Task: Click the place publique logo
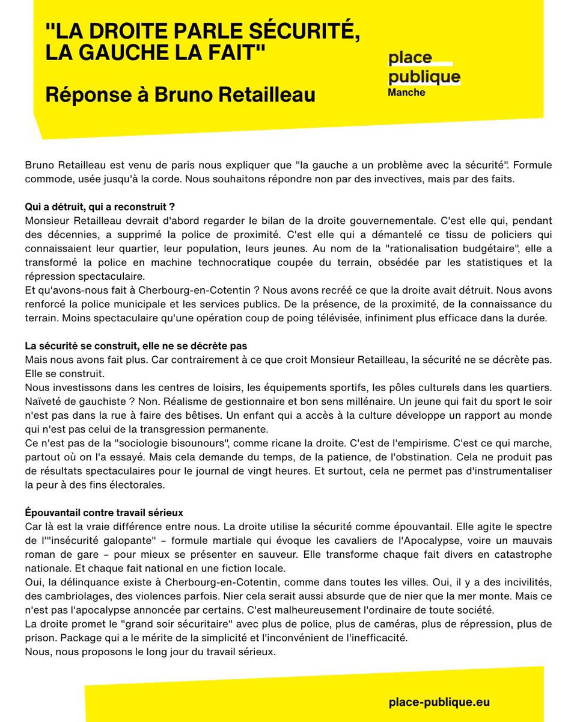tap(424, 67)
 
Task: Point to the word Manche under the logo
tap(406, 93)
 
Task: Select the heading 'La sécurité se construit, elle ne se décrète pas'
tap(136, 346)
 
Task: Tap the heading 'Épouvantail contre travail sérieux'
tap(104, 513)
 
